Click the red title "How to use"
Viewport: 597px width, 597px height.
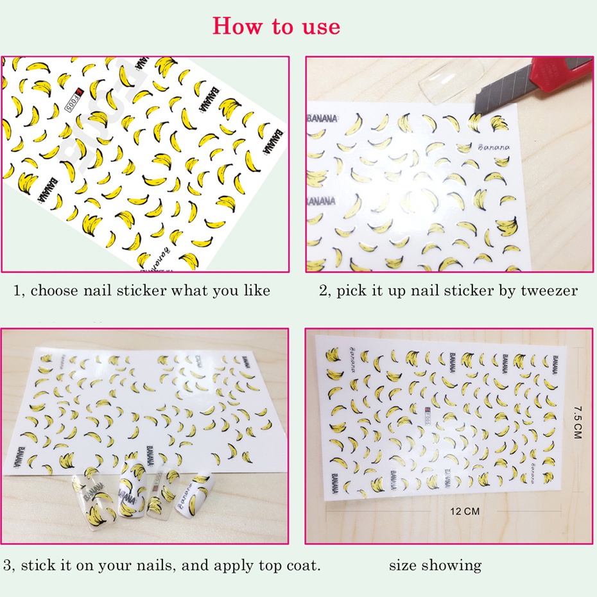tap(276, 26)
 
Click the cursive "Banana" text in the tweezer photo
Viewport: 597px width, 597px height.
tap(493, 147)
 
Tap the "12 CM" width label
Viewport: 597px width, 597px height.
tap(465, 511)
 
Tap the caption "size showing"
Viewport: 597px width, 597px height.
tap(435, 565)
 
